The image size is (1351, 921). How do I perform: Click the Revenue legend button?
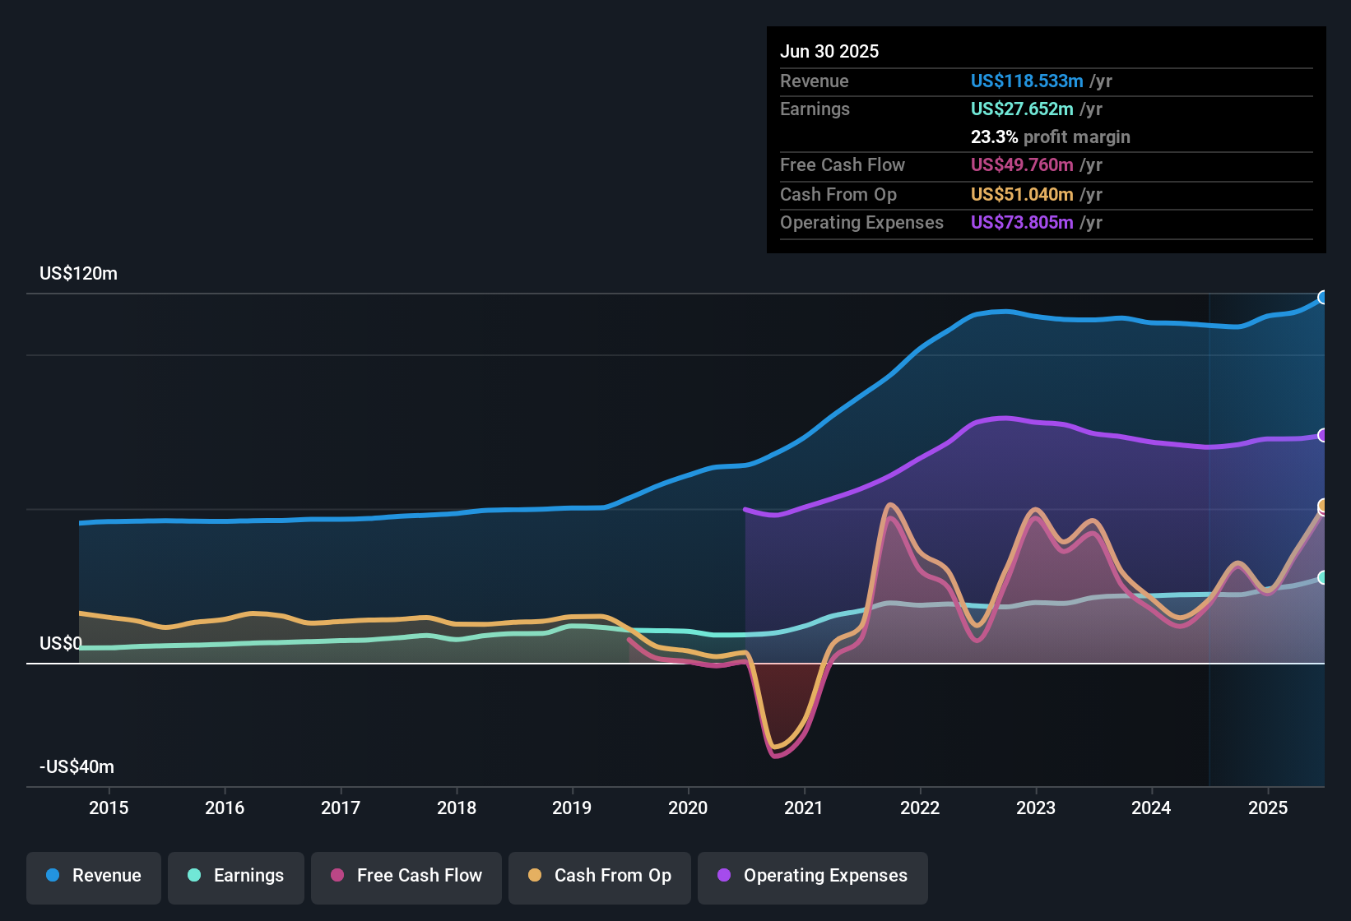click(x=93, y=876)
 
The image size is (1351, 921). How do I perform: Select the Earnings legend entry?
click(x=235, y=876)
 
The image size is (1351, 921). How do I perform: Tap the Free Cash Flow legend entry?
click(x=406, y=876)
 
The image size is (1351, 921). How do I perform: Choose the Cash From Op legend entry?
click(x=599, y=876)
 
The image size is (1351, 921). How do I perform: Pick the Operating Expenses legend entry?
click(x=812, y=876)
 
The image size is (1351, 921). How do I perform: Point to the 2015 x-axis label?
click(x=109, y=808)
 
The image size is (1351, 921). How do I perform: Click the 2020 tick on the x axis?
click(x=688, y=808)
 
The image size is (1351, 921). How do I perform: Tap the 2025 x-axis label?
click(x=1267, y=808)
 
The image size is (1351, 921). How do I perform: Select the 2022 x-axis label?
click(x=920, y=808)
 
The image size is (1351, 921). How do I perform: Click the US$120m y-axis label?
click(x=78, y=274)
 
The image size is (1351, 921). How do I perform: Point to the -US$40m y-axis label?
click(x=77, y=767)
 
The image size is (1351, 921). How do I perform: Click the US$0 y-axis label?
click(x=60, y=644)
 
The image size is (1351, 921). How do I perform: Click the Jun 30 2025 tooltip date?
click(x=829, y=52)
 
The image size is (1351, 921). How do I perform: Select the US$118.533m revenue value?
click(x=1026, y=81)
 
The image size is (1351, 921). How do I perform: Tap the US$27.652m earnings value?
click(x=1021, y=109)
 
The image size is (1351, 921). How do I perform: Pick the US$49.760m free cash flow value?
click(x=1021, y=165)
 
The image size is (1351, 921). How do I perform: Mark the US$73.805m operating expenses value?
click(x=1021, y=223)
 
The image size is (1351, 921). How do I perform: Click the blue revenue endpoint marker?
click(x=1323, y=298)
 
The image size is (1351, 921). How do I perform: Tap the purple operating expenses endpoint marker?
click(x=1323, y=435)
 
